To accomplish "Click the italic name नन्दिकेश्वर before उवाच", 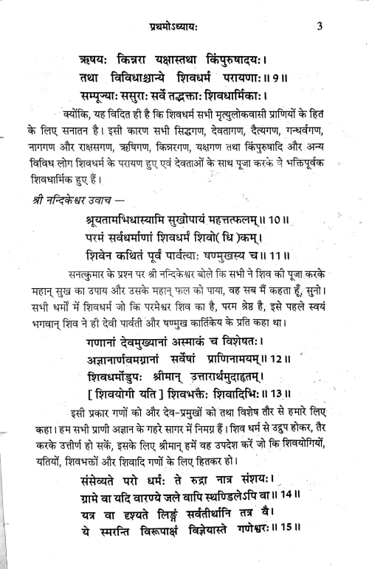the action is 83,199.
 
